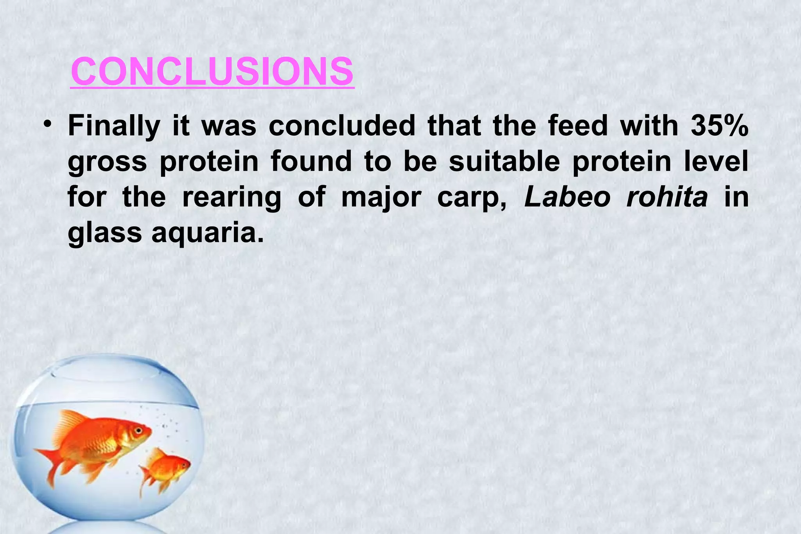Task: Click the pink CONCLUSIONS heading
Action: [x=212, y=72]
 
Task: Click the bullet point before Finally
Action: [x=48, y=125]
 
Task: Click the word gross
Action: [x=108, y=163]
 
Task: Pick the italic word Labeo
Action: [x=568, y=197]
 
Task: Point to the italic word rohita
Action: [x=667, y=197]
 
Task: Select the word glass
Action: [x=105, y=233]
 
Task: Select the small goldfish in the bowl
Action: [x=166, y=467]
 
